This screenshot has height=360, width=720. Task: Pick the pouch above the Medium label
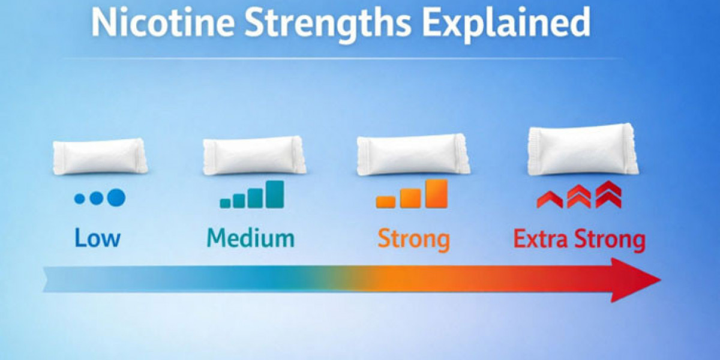tap(254, 155)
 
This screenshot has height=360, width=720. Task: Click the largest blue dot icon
tap(116, 197)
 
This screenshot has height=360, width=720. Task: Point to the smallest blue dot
tap(79, 199)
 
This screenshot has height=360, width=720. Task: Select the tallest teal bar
tap(275, 194)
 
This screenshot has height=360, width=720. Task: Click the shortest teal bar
tap(226, 203)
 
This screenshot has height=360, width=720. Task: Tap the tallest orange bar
tap(436, 193)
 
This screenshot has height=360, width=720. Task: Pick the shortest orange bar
tap(386, 202)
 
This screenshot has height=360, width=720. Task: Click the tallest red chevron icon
tap(608, 194)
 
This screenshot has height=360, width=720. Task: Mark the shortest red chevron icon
tap(549, 200)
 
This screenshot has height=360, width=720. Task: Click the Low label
tap(97, 238)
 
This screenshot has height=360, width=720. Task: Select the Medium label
tap(251, 238)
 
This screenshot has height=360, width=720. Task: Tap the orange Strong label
tap(413, 239)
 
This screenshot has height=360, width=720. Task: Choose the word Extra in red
tap(542, 239)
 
